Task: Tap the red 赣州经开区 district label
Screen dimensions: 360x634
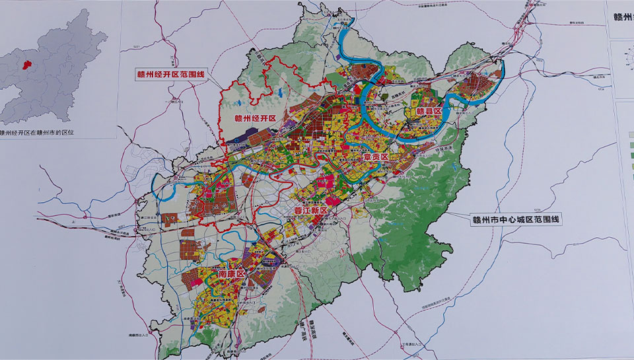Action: pos(255,119)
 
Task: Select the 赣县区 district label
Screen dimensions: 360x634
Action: pos(428,112)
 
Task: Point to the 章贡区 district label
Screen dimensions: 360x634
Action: pos(377,158)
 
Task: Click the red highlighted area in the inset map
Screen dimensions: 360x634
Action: pos(27,64)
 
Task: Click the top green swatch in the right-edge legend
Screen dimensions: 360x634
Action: pos(626,134)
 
